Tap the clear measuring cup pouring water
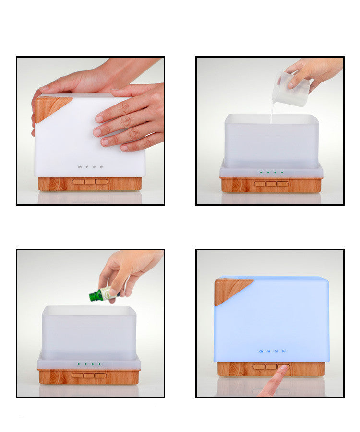click(290, 89)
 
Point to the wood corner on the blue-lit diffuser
click(229, 289)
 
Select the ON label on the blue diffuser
click(261, 351)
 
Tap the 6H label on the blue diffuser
click(284, 351)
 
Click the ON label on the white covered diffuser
click(80, 167)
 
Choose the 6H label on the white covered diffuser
click(102, 167)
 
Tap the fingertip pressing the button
click(283, 369)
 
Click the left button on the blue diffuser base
click(259, 367)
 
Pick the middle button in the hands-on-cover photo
click(90, 182)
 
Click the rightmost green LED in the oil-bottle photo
click(99, 364)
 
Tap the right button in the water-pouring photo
click(283, 184)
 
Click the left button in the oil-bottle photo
click(77, 375)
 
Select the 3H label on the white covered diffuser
click(94, 167)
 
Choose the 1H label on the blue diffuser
click(269, 351)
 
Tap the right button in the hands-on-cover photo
click(101, 182)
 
